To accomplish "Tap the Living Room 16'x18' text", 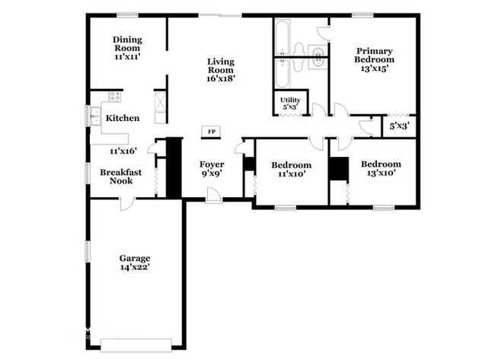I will tap(221, 68).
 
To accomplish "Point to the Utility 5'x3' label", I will tap(290, 103).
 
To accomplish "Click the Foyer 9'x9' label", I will tap(211, 168).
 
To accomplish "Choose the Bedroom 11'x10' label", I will tap(290, 169).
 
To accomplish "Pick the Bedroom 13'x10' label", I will tap(380, 168).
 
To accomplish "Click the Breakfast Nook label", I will tap(121, 177).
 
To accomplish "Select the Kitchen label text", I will tap(122, 118).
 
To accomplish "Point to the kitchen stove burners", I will tap(115, 97).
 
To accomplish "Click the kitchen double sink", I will tap(96, 116).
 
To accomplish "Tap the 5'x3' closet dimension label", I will tap(400, 126).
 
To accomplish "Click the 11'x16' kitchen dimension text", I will tap(123, 151).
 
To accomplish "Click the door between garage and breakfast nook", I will tap(126, 201).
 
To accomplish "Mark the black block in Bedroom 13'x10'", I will tap(337, 169).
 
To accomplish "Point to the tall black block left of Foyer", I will tap(174, 167).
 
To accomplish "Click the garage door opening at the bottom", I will tap(136, 344).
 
